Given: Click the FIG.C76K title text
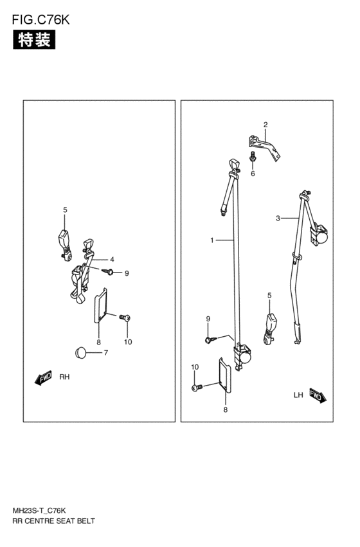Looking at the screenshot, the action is pos(40,20).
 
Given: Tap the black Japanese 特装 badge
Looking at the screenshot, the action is pos(34,39).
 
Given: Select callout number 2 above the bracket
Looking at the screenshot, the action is pos(265,125).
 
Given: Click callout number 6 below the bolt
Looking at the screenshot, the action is pos(253,174).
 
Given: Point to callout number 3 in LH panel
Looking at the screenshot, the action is pos(278,219).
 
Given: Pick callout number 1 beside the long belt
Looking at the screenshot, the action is pos(212,240).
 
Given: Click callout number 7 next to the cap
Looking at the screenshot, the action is pos(105,353).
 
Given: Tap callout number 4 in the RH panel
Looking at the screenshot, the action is pos(112,260).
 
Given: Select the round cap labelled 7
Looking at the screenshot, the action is pos(80,352).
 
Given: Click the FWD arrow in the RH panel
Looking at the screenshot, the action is pos(43,377).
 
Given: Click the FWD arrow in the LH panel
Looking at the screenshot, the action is pos(317,395).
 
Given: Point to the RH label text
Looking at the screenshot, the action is pos(64,377).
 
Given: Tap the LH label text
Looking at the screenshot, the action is pos(298,395).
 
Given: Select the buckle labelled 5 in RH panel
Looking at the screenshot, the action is pos(64,244).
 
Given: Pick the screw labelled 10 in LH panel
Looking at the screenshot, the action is pos(197,387).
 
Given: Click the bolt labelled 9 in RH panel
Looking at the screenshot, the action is pos(108,271).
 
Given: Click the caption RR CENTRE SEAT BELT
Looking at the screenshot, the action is pos(53,521).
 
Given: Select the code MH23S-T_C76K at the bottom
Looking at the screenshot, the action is pos(39,511).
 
